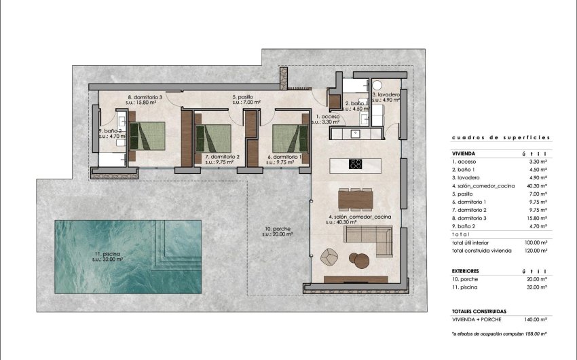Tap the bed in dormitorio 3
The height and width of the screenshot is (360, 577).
click(x=147, y=135)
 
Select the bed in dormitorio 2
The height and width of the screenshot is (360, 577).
click(x=213, y=137)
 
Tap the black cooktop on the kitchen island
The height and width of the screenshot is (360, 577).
click(x=355, y=163)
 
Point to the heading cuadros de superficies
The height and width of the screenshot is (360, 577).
click(x=500, y=137)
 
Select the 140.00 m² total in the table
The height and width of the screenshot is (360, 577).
click(x=537, y=319)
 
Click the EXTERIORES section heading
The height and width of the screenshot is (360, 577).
click(x=466, y=270)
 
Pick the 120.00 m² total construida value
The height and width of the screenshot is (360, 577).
click(x=537, y=251)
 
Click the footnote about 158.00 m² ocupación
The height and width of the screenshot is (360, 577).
click(x=499, y=334)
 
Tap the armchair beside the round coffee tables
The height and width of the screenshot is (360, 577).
click(x=329, y=257)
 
